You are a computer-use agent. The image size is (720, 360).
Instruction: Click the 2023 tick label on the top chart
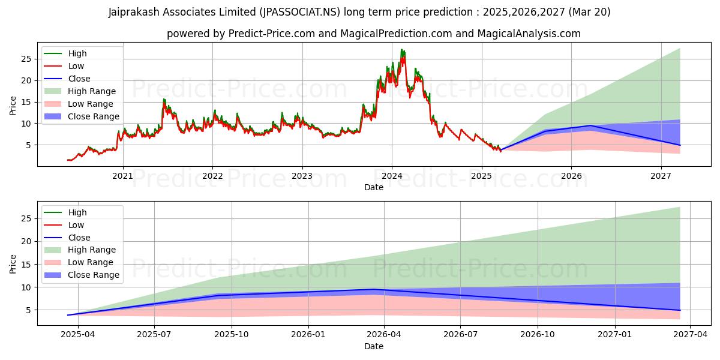[302, 176]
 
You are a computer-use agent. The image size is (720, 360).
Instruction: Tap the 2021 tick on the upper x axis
[123, 176]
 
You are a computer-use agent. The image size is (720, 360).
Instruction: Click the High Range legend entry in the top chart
[92, 91]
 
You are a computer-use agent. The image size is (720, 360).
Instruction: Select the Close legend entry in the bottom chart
[79, 238]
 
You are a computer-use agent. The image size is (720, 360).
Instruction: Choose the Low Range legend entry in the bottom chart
[91, 262]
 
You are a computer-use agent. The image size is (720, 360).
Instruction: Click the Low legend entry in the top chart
[76, 66]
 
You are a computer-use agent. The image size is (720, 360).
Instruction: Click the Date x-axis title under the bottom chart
[373, 346]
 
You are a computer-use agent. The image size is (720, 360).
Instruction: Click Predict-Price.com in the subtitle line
[272, 34]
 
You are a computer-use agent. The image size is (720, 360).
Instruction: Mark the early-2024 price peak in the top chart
[402, 50]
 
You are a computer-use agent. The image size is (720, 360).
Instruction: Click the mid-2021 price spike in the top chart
[164, 100]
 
